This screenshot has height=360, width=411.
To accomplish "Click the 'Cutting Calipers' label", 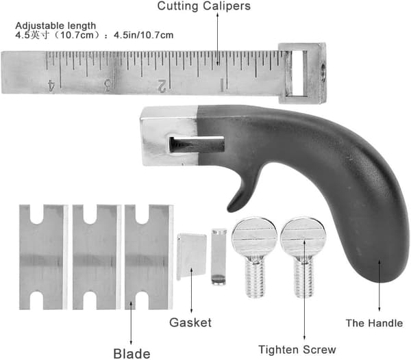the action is click(203, 6).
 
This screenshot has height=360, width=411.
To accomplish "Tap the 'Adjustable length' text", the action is click(55, 25).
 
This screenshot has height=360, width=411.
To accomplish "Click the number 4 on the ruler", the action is click(51, 86).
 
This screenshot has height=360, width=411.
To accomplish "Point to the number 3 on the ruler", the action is click(108, 86).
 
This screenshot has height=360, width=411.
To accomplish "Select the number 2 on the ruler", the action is click(162, 86).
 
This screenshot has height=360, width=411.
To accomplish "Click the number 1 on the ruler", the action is click(221, 86).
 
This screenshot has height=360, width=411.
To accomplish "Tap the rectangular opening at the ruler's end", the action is click(299, 73).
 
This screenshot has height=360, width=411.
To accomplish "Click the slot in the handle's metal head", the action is click(197, 144).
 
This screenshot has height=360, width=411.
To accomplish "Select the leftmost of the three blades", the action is click(44, 257).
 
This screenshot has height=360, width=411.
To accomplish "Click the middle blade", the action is click(97, 257).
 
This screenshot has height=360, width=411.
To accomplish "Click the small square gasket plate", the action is click(192, 257).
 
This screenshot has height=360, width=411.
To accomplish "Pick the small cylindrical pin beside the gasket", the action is click(219, 257).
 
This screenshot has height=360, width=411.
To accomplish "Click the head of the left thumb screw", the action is click(254, 237).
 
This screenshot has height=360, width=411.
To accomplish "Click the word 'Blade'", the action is click(132, 354).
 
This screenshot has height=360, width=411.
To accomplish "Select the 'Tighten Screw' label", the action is click(297, 350).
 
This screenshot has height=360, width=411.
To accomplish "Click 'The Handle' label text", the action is click(374, 323).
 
